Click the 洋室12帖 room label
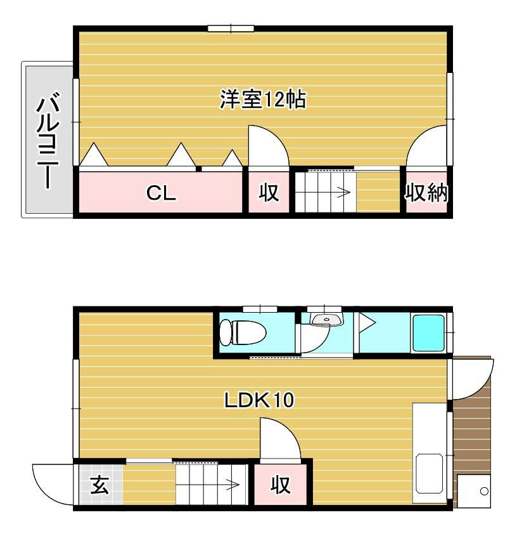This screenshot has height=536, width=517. point(263,100)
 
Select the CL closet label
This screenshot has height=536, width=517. point(161,193)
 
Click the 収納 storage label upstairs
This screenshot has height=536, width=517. point(426,192)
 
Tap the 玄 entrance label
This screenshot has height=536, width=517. point(99,485)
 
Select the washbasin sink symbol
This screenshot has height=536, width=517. point(326,319)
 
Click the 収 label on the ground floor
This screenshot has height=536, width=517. point(281,485)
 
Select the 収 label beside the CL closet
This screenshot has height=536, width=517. point(269,193)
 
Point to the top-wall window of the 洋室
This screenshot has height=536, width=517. point(231,28)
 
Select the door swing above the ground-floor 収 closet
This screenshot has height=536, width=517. point(279,441)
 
